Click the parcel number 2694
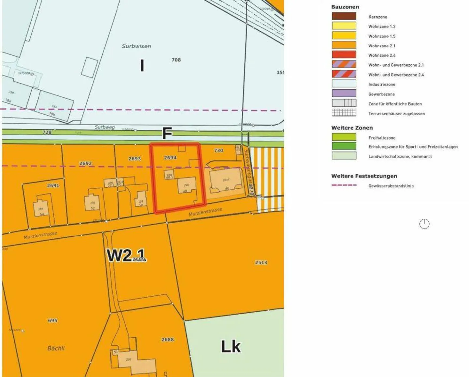[170, 158]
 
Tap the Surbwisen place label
[136, 46]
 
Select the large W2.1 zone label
[126, 255]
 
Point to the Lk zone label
[231, 347]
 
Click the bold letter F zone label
[167, 134]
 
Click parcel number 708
[176, 60]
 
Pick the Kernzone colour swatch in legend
[344, 16]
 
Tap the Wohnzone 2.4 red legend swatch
[344, 55]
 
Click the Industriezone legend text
[382, 85]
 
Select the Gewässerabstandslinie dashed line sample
[344, 185]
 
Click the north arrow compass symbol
[424, 224]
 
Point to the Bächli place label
[56, 348]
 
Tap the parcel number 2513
[261, 262]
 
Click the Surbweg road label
[105, 127]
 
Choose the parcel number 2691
[53, 185]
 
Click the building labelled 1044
[226, 182]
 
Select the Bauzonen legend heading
[345, 7]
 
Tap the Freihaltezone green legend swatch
[344, 137]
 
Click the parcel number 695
[52, 321]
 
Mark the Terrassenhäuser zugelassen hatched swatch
[344, 113]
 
